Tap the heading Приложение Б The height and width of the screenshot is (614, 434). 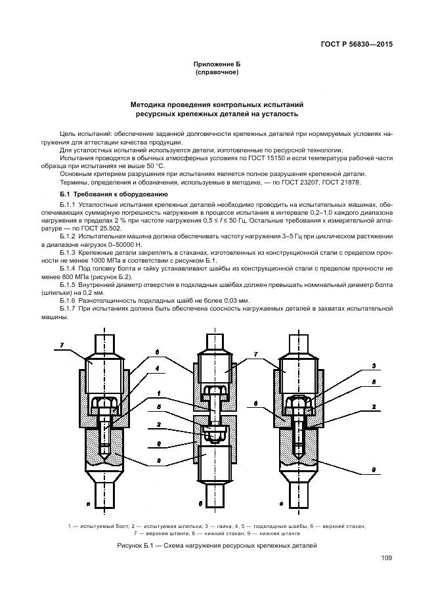(217, 64)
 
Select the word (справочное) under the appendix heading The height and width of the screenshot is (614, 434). (217, 72)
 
